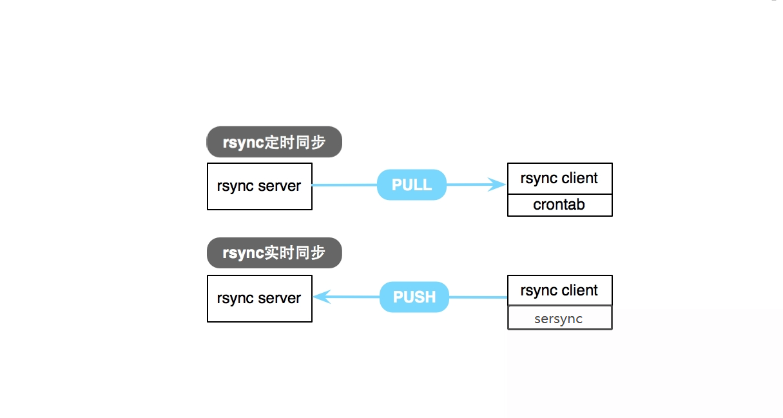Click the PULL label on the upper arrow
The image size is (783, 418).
point(412,185)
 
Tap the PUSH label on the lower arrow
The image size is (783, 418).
point(414,297)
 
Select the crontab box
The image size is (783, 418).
point(559,205)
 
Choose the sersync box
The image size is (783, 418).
point(559,318)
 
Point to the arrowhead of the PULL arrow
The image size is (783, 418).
point(498,184)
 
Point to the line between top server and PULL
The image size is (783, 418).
point(344,185)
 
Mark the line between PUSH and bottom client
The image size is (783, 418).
point(478,297)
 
